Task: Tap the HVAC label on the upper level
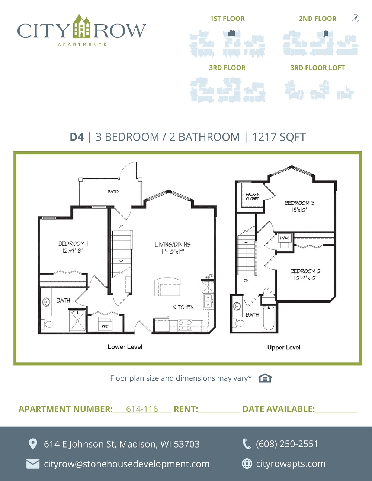[x=285, y=238]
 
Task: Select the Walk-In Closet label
[x=253, y=196]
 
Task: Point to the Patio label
[x=113, y=191]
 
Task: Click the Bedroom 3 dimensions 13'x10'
[x=299, y=210]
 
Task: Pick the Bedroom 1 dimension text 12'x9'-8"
[x=73, y=251]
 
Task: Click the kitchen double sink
[x=208, y=301]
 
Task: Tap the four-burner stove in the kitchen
[x=185, y=325]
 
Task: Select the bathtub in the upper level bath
[x=269, y=318]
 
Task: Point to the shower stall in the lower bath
[x=77, y=320]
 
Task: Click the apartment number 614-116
[x=142, y=409]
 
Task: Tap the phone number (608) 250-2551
[x=287, y=444]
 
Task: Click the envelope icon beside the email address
[x=33, y=464]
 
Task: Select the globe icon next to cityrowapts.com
[x=247, y=464]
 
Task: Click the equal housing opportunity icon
[x=265, y=378]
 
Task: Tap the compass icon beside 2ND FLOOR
[x=355, y=18]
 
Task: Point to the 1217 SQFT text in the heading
[x=279, y=137]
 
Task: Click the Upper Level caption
[x=284, y=348]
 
